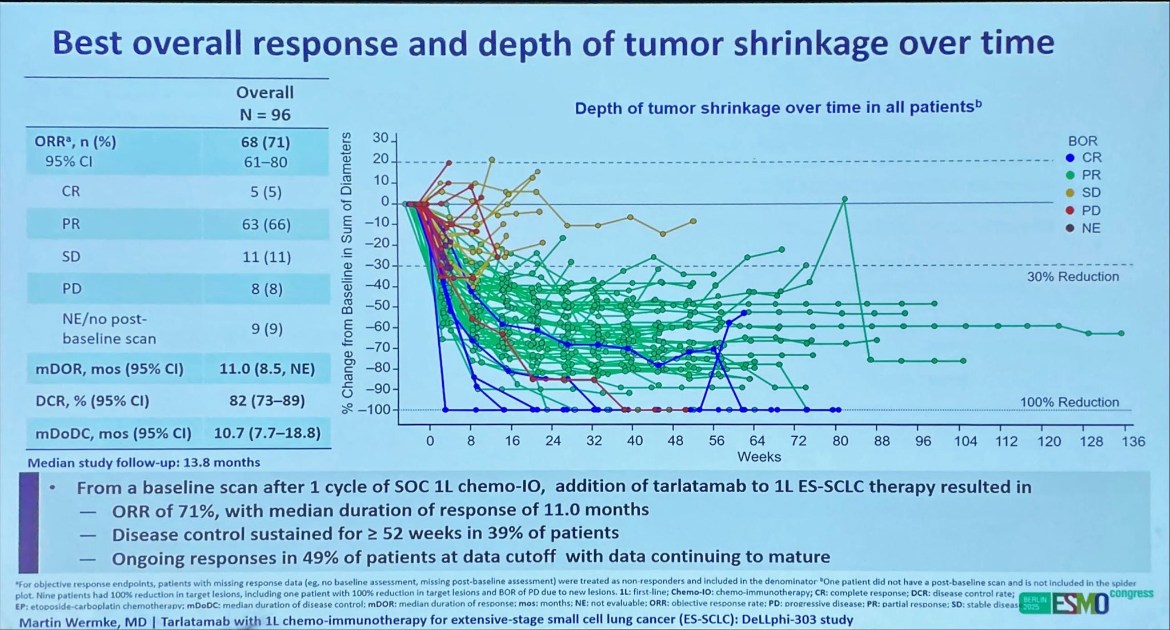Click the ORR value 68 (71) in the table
pos(265,142)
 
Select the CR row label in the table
pos(71,191)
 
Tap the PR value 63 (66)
pos(266,224)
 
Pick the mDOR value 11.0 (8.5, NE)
pos(267,369)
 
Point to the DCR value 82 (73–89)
pos(267,401)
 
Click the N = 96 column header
pos(265,115)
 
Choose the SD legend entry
pos(1090,193)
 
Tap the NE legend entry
pos(1090,228)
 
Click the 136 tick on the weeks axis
pos(1133,441)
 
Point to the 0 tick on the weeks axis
pos(430,441)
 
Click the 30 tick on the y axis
pos(380,138)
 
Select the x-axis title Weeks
pos(759,457)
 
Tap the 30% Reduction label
pos(1072,277)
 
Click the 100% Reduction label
pos(1069,402)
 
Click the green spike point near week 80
pos(844,199)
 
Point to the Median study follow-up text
pos(144,462)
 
